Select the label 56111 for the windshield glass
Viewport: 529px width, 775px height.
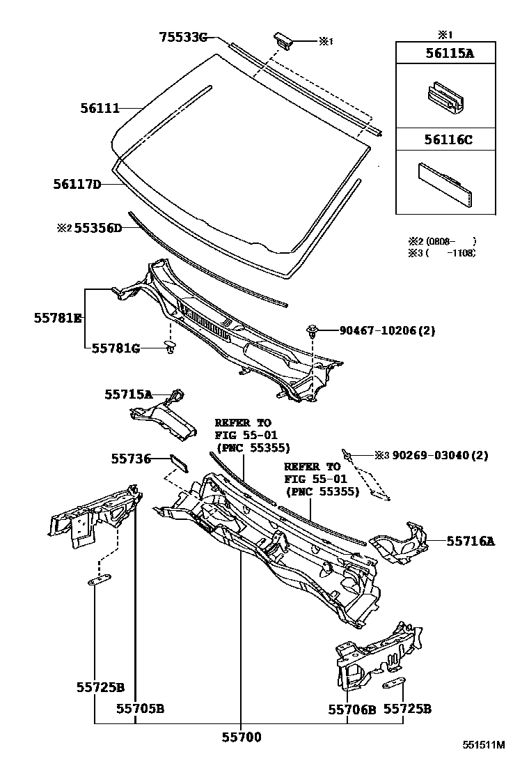click(100, 108)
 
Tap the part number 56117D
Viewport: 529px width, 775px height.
click(77, 185)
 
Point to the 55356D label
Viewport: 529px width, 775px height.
click(97, 228)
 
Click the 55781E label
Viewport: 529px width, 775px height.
click(58, 318)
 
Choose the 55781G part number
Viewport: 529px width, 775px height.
click(116, 348)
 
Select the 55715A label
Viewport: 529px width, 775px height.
click(129, 394)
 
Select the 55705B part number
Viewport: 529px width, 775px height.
click(140, 709)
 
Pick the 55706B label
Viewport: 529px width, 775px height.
click(352, 709)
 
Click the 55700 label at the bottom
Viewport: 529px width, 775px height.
click(242, 737)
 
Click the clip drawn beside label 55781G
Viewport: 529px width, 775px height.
click(170, 346)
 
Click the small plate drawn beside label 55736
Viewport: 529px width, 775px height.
click(180, 463)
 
